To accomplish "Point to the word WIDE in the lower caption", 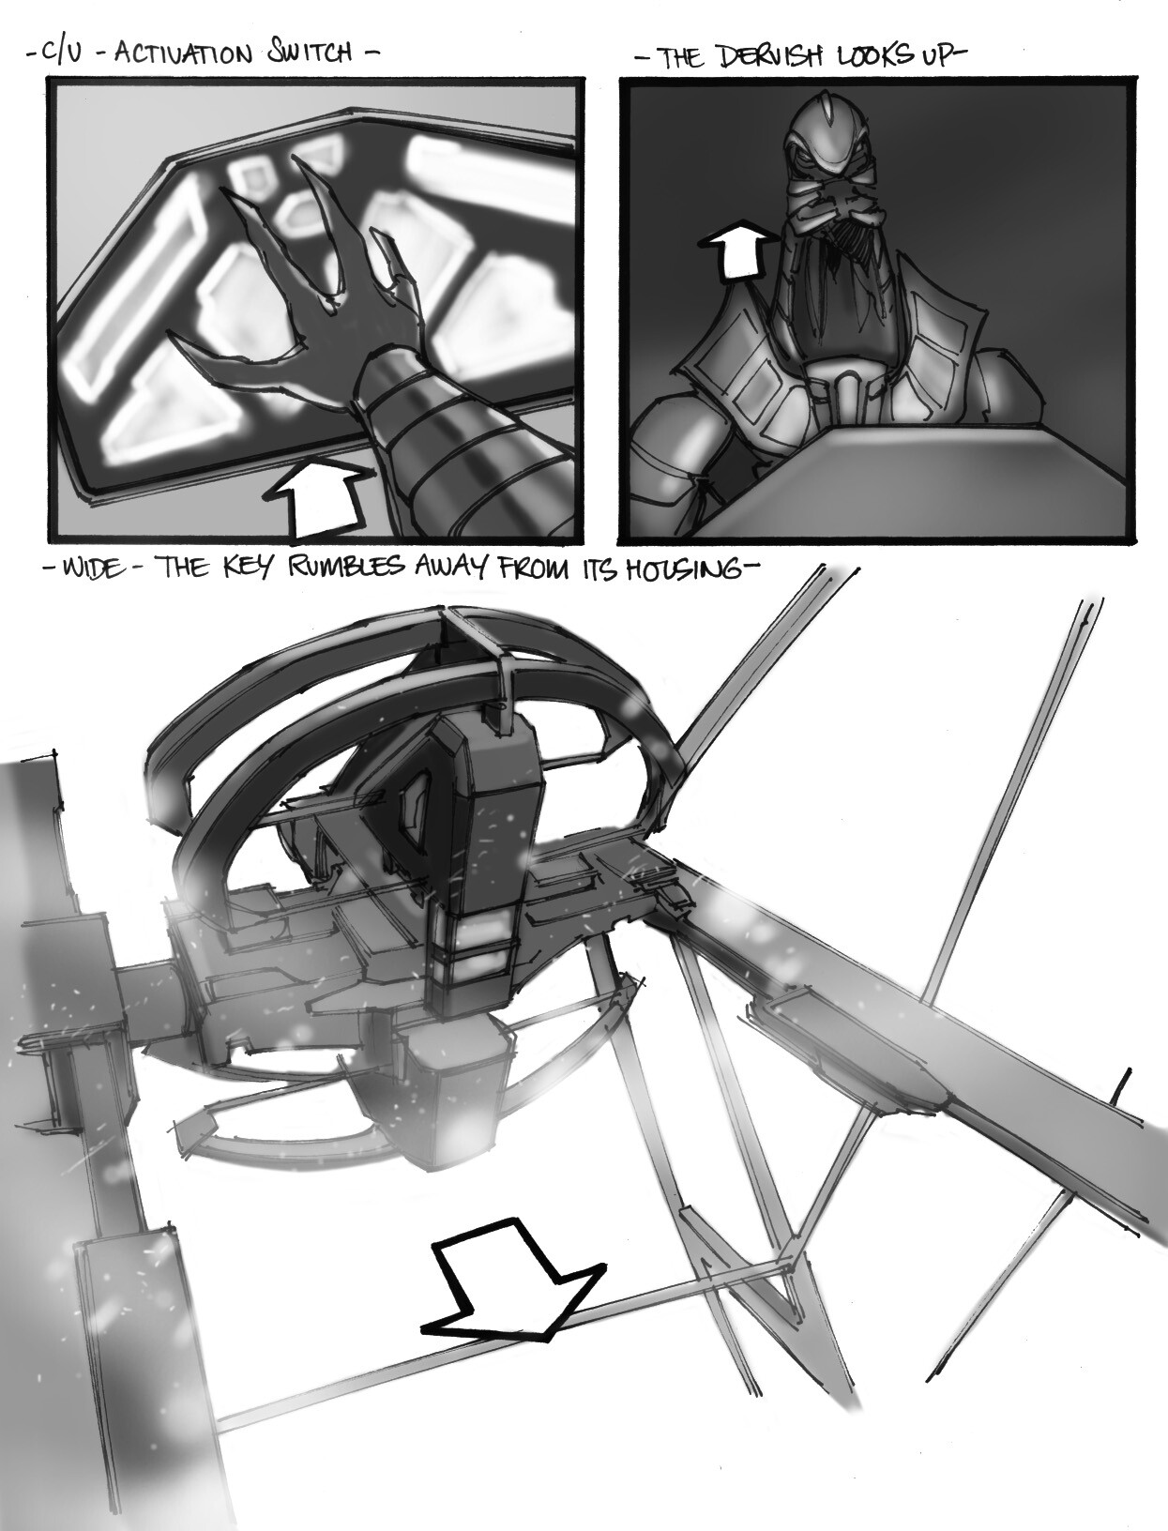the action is (93, 570).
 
